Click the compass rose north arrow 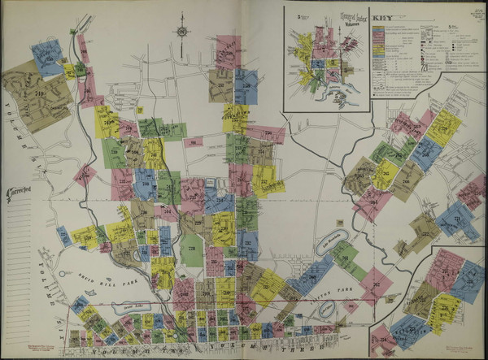point(181,32)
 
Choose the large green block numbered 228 point(191,249)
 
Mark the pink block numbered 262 point(376,284)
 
